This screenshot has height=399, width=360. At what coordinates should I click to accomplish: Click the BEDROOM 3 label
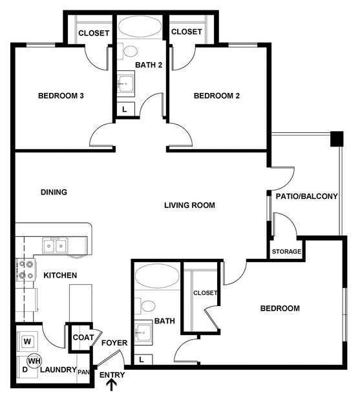point(61,96)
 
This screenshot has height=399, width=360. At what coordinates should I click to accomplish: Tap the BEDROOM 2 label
point(217,96)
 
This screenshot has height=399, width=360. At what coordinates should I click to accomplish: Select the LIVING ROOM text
point(189,205)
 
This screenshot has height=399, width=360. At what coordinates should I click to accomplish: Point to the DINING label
point(54,192)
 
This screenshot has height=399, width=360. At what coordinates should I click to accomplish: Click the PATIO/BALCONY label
point(306,196)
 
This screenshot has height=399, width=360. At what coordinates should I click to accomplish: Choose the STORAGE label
point(286,251)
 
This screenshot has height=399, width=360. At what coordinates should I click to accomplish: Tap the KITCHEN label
point(60,276)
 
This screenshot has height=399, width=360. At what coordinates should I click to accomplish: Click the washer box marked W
point(28,340)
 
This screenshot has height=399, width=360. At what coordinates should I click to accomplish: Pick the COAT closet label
point(83,337)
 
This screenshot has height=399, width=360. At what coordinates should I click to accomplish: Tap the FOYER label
point(114,343)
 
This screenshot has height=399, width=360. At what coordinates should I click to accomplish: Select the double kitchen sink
point(54,245)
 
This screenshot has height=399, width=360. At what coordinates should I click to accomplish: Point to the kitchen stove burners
point(26,270)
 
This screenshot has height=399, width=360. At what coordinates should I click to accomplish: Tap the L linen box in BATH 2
point(125,110)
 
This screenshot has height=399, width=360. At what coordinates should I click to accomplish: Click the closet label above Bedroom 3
point(94,32)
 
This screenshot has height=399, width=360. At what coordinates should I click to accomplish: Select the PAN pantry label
point(83,372)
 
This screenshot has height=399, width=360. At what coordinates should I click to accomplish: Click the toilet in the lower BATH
point(149,305)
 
